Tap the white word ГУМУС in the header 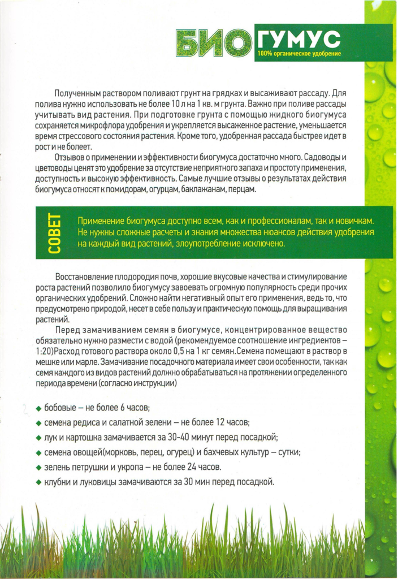point(298,38)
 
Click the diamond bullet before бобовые point(38,409)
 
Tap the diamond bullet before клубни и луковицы point(38,482)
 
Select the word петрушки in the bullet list point(90,467)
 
